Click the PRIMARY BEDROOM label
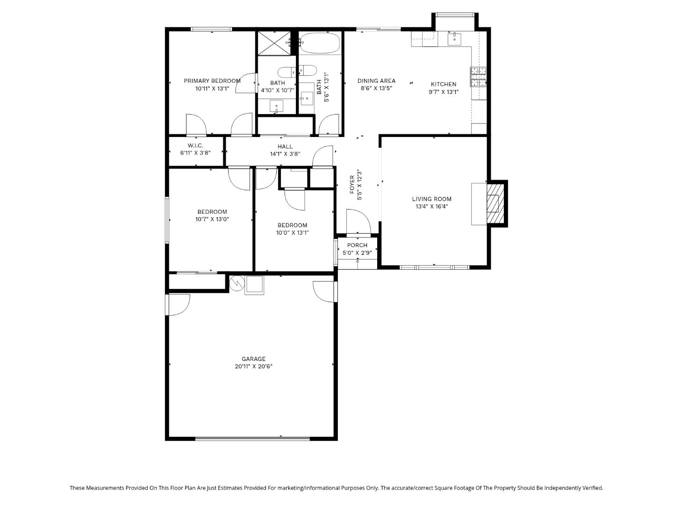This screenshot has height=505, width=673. point(212,81)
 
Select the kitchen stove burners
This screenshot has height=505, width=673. point(478,77)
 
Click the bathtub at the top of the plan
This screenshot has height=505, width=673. point(320,43)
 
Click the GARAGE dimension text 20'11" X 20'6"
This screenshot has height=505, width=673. point(253,367)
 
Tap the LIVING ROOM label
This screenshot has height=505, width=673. point(431,199)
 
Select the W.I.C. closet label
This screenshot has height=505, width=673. point(195,146)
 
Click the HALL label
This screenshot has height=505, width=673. point(285,146)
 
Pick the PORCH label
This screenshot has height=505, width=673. point(357,245)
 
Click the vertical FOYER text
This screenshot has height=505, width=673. point(352,184)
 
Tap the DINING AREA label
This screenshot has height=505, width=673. point(376,81)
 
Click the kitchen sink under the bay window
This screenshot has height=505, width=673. point(454,39)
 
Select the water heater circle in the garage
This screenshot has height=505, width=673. point(237,283)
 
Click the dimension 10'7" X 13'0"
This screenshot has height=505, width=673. point(212,219)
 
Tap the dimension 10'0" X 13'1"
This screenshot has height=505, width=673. point(292,233)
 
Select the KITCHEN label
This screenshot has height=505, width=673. point(443,84)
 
